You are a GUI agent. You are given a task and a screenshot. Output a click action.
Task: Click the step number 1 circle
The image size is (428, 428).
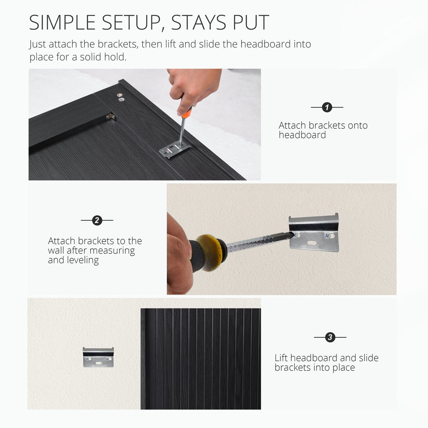pyautogui.click(x=327, y=107)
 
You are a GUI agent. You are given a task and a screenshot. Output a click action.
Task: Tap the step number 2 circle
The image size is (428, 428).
pyautogui.click(x=97, y=220)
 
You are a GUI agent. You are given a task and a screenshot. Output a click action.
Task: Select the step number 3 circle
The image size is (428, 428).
pyautogui.click(x=330, y=337)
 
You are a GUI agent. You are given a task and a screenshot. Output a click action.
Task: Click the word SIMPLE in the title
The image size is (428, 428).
pyautogui.click(x=62, y=23)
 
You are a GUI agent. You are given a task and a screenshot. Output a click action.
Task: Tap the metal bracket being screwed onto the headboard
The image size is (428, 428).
pyautogui.click(x=175, y=149)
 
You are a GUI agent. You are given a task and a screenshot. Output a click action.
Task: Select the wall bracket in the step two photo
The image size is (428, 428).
pyautogui.click(x=314, y=232)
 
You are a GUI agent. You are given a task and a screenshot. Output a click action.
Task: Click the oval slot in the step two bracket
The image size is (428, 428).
pyautogui.click(x=312, y=242)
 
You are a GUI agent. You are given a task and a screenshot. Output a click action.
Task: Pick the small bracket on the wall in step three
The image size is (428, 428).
pyautogui.click(x=98, y=357)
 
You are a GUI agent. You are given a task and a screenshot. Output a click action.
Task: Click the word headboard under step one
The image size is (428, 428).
pyautogui.click(x=302, y=135)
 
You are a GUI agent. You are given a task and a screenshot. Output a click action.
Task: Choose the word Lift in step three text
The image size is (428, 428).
pyautogui.click(x=281, y=358)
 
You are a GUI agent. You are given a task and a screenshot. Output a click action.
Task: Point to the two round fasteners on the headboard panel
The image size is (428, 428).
pyautogui.click(x=120, y=97)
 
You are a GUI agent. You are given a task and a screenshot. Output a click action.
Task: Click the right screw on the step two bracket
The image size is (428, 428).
pyautogui.click(x=327, y=235)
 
